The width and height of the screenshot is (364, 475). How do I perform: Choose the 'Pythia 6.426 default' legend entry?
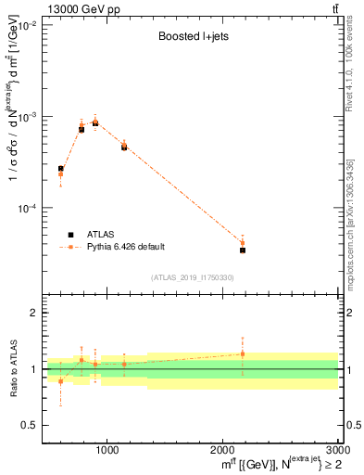(125, 247)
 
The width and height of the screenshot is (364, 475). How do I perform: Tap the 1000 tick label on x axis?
(107, 450)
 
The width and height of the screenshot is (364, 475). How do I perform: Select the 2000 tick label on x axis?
(222, 450)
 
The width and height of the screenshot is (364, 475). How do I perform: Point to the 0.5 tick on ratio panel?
(29, 425)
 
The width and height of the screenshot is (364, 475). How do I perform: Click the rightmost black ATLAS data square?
(243, 250)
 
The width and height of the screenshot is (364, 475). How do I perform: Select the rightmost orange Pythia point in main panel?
(243, 243)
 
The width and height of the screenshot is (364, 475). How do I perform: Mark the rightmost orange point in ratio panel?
(243, 353)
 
